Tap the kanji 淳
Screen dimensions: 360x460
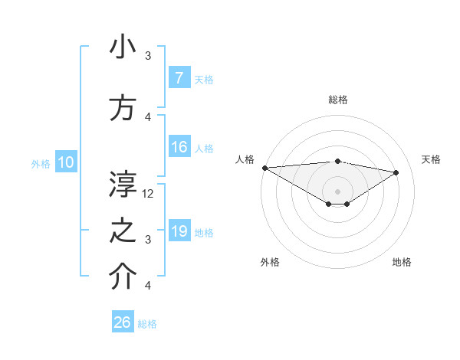123,185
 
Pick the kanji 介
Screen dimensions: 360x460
123,277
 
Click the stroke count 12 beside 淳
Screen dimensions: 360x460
148,194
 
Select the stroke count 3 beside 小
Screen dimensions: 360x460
148,56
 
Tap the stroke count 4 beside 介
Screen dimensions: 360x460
148,286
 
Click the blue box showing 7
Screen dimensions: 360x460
179,78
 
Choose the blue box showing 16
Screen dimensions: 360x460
179,147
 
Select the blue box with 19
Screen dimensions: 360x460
179,231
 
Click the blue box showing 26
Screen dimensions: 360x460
123,322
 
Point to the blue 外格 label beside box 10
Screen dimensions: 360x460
41,163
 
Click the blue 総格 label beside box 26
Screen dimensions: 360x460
147,324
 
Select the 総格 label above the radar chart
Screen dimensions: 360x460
337,100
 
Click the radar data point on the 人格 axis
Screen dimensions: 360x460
264,168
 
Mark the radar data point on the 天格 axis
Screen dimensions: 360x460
396,172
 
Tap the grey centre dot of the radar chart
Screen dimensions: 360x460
337,190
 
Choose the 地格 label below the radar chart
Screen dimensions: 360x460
402,262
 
